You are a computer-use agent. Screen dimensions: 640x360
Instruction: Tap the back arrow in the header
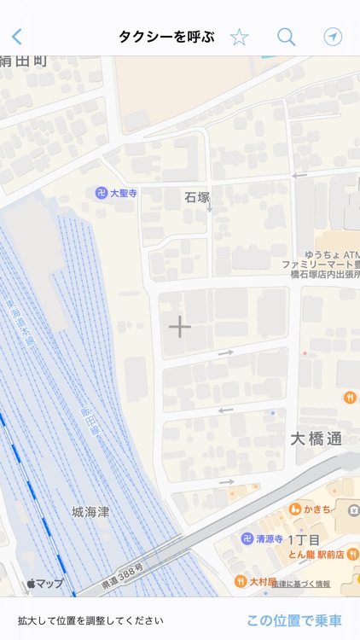point(17,37)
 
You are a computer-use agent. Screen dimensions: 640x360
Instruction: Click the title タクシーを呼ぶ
point(166,37)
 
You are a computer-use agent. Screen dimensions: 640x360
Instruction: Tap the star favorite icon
point(239,37)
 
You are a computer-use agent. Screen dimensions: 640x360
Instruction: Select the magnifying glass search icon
point(286,37)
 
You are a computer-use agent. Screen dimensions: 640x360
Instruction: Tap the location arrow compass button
point(333,37)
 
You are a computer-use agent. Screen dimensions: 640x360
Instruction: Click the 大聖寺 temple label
point(124,194)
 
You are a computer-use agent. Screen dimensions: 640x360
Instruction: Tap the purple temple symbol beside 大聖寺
point(102,194)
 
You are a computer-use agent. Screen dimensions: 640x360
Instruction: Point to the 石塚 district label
point(197,197)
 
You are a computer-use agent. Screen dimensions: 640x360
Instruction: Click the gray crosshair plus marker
point(179,326)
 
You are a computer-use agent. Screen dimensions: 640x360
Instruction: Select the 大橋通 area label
point(316,439)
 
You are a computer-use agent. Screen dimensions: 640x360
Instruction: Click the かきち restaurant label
point(317,509)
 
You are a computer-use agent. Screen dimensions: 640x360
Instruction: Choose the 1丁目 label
point(303,539)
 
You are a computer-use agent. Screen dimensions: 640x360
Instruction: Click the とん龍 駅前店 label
point(315,554)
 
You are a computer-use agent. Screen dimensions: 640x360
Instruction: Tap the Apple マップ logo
point(45,584)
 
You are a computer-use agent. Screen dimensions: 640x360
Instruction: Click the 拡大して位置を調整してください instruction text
point(90,621)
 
